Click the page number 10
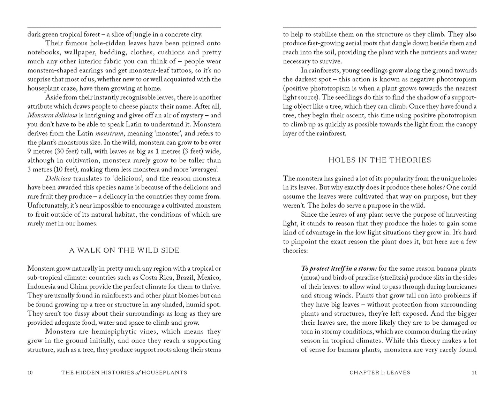[x=30, y=373]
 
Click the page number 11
[x=474, y=373]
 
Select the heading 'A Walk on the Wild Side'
[x=125, y=250]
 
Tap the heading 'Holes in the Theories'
[x=380, y=160]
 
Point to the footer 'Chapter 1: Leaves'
[x=380, y=373]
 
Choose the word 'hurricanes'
[x=459, y=287]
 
